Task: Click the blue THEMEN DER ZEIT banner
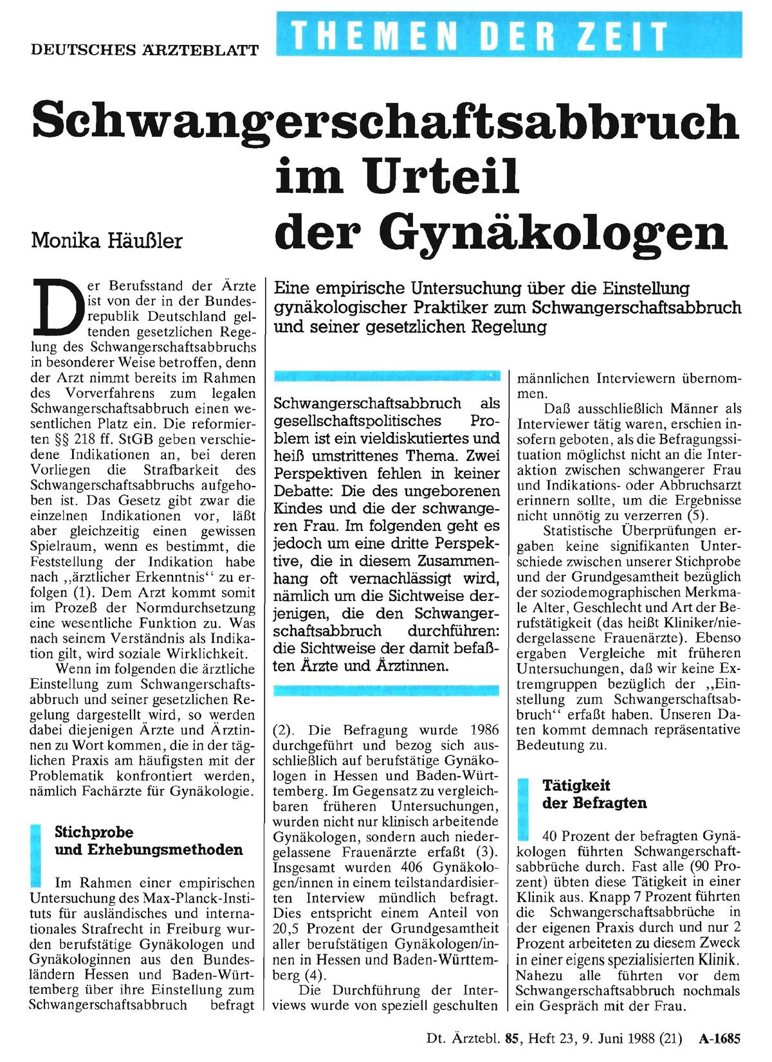click(x=509, y=37)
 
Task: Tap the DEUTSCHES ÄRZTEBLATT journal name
click(x=145, y=50)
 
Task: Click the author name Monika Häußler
click(x=107, y=240)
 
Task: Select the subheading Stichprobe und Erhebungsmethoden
click(x=148, y=841)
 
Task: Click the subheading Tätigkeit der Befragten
click(x=594, y=794)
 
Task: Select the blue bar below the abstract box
click(x=386, y=690)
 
